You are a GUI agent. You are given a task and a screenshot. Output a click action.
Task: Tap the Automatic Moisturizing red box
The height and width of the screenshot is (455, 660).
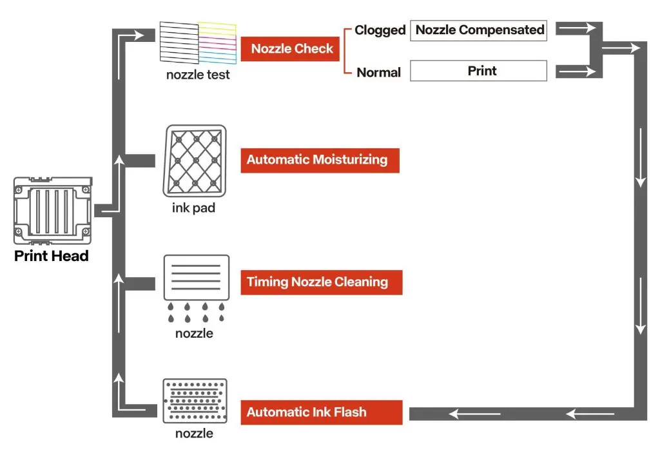pyautogui.click(x=320, y=160)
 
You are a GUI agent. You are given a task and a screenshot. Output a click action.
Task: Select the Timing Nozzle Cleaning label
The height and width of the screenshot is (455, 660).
pyautogui.click(x=321, y=282)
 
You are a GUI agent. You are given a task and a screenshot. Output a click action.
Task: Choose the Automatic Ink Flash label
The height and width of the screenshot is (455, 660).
pyautogui.click(x=321, y=412)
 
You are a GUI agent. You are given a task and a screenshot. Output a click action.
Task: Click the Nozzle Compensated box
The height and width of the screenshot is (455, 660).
pyautogui.click(x=478, y=30)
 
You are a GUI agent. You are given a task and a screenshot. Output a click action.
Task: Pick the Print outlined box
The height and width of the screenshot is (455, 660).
pyautogui.click(x=478, y=71)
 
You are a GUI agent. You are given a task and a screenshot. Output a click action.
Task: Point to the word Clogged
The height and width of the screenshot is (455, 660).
pyautogui.click(x=380, y=30)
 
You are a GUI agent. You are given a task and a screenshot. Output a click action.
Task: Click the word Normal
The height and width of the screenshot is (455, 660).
pyautogui.click(x=379, y=72)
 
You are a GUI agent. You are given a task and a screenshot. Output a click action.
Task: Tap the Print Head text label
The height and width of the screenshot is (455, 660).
pyautogui.click(x=52, y=256)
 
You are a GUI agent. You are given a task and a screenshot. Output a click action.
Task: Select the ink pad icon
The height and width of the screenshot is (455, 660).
pyautogui.click(x=195, y=160)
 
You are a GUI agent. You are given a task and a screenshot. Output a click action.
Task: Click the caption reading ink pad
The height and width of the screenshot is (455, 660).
pyautogui.click(x=193, y=208)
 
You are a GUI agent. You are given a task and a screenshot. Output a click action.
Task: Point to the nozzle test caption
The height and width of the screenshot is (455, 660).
pyautogui.click(x=198, y=74)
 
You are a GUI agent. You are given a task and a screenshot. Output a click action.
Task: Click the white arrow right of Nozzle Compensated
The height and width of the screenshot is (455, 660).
pyautogui.click(x=577, y=28)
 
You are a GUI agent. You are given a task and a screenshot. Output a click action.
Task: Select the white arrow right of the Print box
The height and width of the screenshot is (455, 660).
pyautogui.click(x=577, y=72)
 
